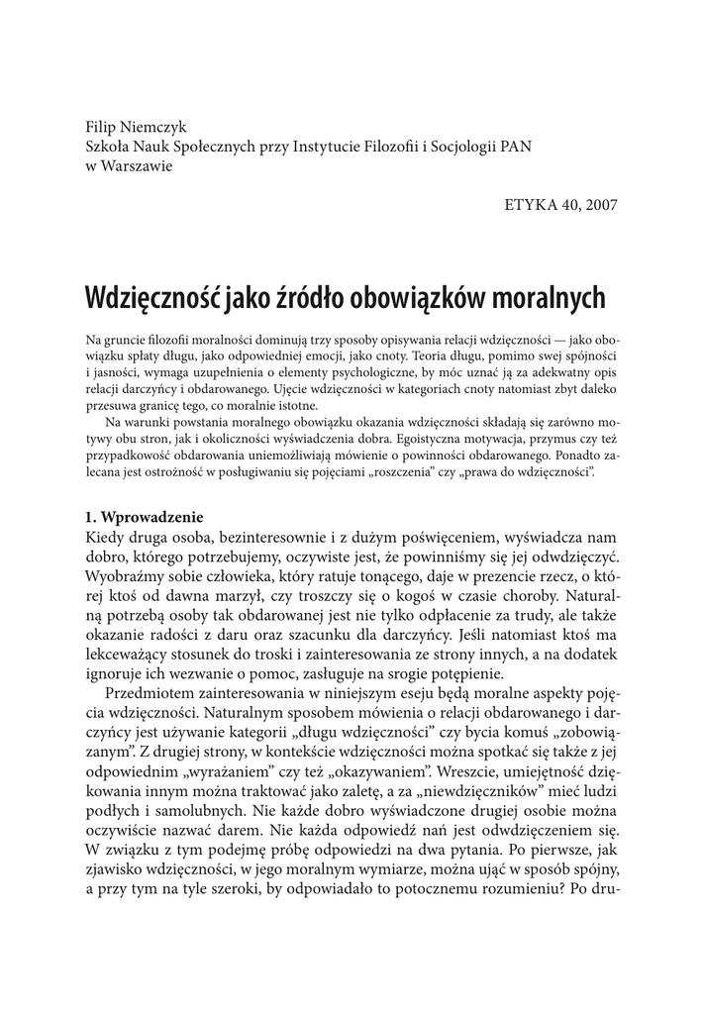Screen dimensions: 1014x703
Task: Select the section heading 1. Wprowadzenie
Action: click(144, 517)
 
